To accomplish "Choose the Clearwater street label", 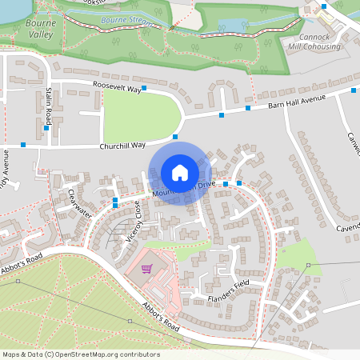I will coord(80,204).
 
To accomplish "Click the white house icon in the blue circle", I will coord(180,173).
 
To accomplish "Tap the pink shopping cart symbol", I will coord(146,269).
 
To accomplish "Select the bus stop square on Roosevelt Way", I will coord(144,88).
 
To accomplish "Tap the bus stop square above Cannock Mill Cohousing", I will coord(324,6).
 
